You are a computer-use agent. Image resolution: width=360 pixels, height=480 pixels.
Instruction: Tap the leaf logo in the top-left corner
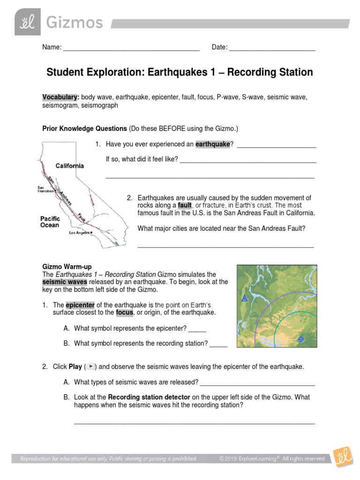pos(28,22)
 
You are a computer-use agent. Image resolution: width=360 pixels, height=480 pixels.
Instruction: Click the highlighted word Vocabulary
pos(60,97)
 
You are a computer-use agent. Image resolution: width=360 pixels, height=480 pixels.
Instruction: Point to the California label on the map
pos(70,166)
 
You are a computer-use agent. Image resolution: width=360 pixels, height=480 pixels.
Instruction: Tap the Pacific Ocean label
pos(50,222)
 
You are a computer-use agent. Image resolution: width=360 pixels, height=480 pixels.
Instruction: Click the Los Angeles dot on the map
pos(91,232)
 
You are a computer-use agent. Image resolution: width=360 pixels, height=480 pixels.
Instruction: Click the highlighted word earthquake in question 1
pos(213,144)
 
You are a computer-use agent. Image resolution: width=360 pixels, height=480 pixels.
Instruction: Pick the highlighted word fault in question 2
pos(185,205)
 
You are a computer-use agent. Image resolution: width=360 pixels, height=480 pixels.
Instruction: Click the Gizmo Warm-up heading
pos(67,266)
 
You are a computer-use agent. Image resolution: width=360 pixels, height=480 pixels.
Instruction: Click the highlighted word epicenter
pos(80,305)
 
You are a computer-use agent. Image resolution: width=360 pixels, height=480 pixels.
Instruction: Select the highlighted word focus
pos(125,313)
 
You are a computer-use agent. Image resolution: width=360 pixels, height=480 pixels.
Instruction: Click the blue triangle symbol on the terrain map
pos(244,298)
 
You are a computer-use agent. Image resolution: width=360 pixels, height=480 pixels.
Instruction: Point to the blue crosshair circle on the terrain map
pos(301,338)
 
